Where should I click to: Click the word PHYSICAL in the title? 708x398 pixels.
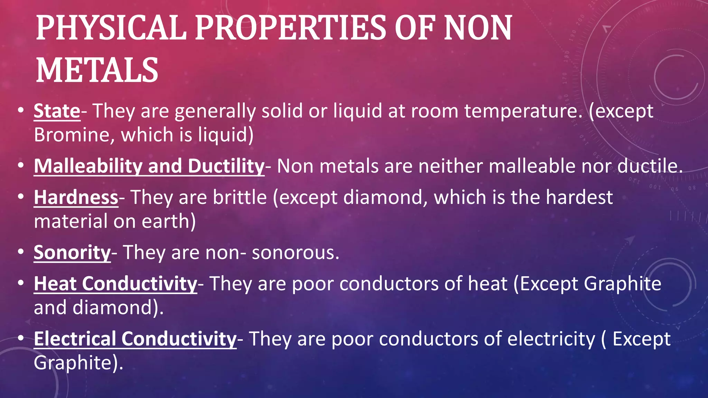(111, 28)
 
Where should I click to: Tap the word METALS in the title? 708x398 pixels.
(97, 70)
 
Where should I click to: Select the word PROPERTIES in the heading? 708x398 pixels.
(290, 28)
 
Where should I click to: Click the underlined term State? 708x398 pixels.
(57, 111)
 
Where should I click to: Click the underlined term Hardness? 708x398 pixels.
(76, 198)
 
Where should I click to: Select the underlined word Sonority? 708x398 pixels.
(72, 253)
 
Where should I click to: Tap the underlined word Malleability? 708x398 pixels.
(88, 166)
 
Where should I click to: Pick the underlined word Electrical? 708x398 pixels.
(75, 339)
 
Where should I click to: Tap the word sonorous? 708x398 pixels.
(295, 253)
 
